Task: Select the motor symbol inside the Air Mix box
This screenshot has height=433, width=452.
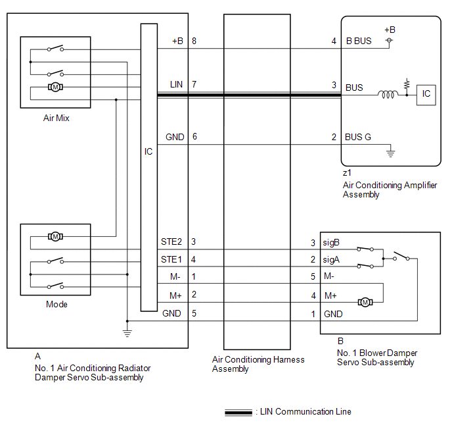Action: (55, 87)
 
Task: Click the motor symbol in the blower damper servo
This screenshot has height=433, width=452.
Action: (364, 302)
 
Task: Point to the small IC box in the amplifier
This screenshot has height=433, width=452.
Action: (426, 94)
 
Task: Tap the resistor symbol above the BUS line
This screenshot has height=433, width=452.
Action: (407, 85)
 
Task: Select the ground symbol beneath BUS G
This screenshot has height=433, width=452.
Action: (390, 153)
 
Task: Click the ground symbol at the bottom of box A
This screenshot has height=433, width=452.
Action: (127, 333)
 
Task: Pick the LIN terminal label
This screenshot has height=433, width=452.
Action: (176, 85)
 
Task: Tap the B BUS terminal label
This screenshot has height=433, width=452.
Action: (358, 41)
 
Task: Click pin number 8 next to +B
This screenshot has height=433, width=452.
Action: (194, 41)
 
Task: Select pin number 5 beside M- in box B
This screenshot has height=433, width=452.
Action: (313, 277)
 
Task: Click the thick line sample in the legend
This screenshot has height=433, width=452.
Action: (239, 413)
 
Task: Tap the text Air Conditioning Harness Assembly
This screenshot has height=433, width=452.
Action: (258, 364)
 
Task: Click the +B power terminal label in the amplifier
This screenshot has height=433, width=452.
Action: (390, 30)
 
